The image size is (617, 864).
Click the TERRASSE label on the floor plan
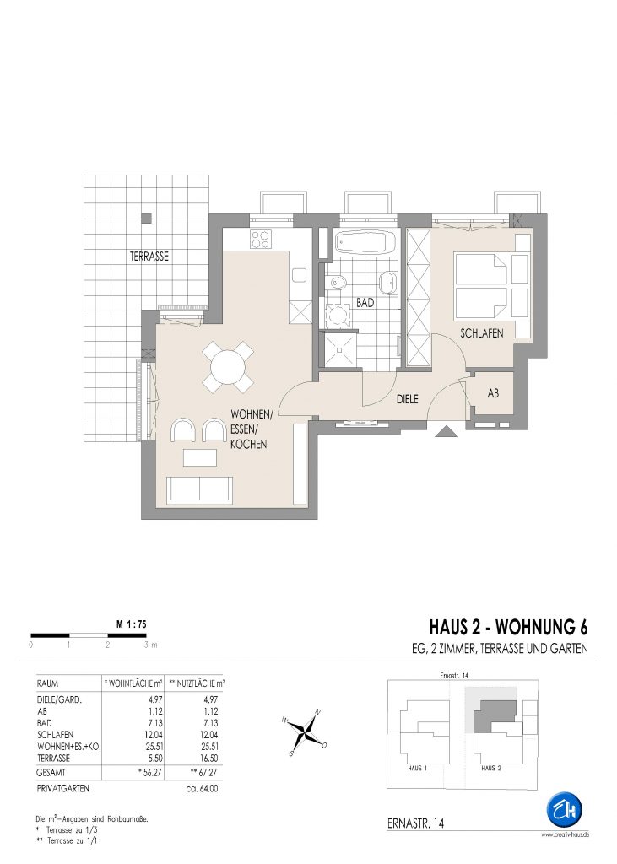[149, 256]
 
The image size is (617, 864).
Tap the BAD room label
[365, 303]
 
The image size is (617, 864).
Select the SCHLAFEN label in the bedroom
[482, 333]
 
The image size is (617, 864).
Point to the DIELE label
[408, 399]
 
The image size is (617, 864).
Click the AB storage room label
[494, 393]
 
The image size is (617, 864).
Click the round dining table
[228, 366]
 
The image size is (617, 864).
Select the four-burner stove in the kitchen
[261, 239]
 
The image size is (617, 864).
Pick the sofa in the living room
[199, 490]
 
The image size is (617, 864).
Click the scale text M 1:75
[131, 624]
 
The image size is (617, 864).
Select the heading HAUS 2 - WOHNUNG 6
[508, 627]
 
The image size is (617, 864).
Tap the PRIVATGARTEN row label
[62, 789]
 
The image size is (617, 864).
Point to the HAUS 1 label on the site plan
[418, 768]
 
